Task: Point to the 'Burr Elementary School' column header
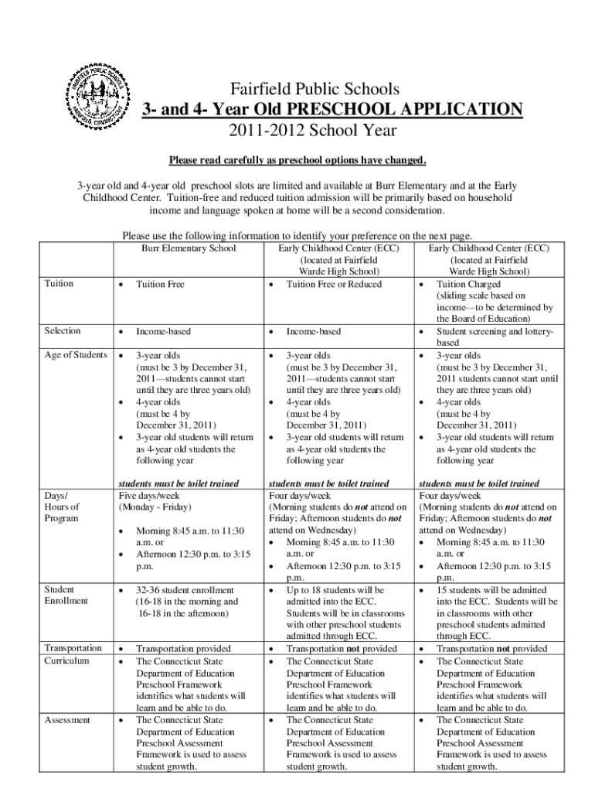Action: (189, 249)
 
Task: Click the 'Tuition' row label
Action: (59, 284)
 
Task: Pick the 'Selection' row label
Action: (63, 331)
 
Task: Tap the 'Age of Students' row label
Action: (76, 355)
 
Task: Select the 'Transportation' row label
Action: (73, 648)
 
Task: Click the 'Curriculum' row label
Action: (66, 661)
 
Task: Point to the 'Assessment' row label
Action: (68, 720)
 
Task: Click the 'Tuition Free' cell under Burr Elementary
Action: (161, 285)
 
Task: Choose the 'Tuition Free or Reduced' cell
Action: (334, 285)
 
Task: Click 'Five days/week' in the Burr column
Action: (151, 496)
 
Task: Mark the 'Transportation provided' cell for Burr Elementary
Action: (184, 649)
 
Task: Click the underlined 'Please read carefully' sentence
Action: (297, 161)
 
